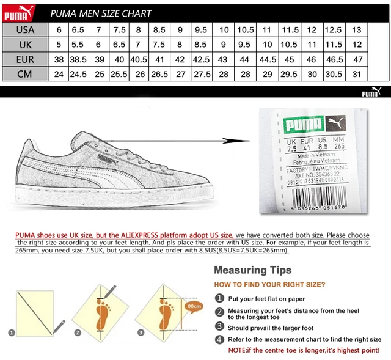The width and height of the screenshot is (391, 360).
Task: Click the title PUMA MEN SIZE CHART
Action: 101,13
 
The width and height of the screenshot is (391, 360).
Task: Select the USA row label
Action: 25,29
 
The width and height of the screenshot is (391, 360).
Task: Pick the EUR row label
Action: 25,59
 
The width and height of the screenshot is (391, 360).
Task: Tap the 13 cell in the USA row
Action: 357,29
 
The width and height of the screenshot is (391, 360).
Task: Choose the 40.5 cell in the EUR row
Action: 139,59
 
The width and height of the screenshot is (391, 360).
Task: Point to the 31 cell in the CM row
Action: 357,74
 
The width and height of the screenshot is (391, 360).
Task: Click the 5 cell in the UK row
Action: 59,45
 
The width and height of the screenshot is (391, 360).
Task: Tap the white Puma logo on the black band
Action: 370,92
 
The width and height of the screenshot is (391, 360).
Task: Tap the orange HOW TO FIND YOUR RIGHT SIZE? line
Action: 269,285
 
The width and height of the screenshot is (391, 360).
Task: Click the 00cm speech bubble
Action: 194,305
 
